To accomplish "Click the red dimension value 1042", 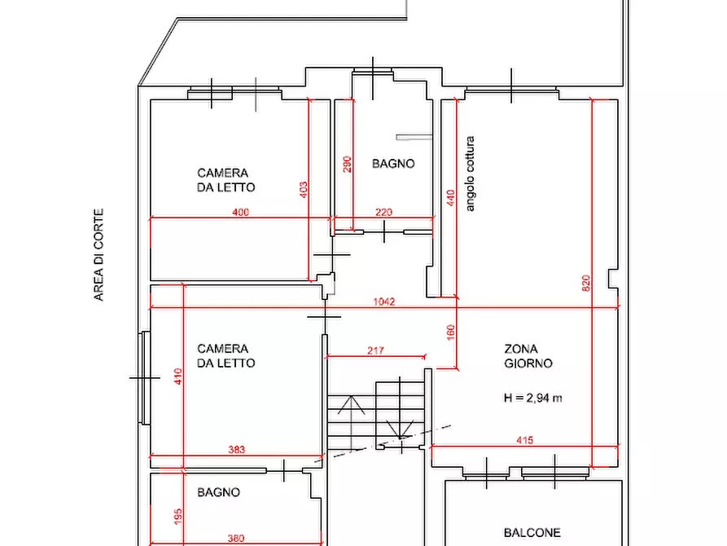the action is (384, 302).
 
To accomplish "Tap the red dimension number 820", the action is (585, 284).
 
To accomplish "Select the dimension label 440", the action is (450, 198).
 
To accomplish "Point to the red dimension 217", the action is (375, 350).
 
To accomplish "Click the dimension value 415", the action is (524, 440).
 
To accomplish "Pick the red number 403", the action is (303, 189).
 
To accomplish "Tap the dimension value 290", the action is (347, 165).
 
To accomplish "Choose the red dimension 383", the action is (236, 449).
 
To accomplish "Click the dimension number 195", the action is (178, 517).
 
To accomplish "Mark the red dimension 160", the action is (450, 332).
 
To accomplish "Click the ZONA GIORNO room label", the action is (528, 356).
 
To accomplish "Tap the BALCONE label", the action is (532, 532).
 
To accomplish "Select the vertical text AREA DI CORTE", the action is (99, 255).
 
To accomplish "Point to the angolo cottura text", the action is (470, 174).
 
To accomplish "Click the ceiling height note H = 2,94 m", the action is (532, 398).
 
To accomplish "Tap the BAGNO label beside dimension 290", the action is (393, 164).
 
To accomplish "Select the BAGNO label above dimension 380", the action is (218, 492).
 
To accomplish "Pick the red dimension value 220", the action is (383, 212).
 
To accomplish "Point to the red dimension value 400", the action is (241, 212).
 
